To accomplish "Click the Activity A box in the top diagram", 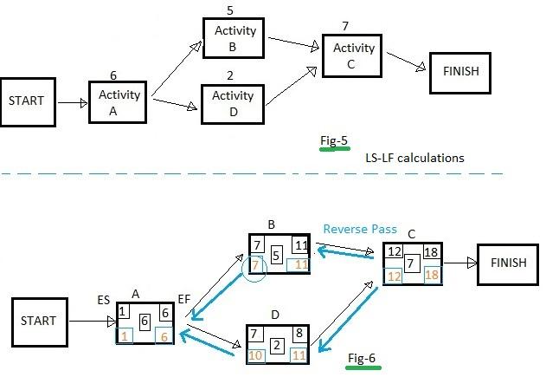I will click(x=119, y=102).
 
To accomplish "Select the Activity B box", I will click(x=235, y=38).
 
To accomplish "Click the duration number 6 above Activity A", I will click(x=113, y=75).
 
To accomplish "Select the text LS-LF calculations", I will click(x=414, y=158).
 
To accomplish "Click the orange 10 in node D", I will click(x=255, y=354).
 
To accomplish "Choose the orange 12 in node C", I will click(x=394, y=276).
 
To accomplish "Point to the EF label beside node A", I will click(x=184, y=298).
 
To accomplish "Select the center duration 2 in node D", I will click(x=276, y=345).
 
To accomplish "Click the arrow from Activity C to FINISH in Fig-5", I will click(x=408, y=62).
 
